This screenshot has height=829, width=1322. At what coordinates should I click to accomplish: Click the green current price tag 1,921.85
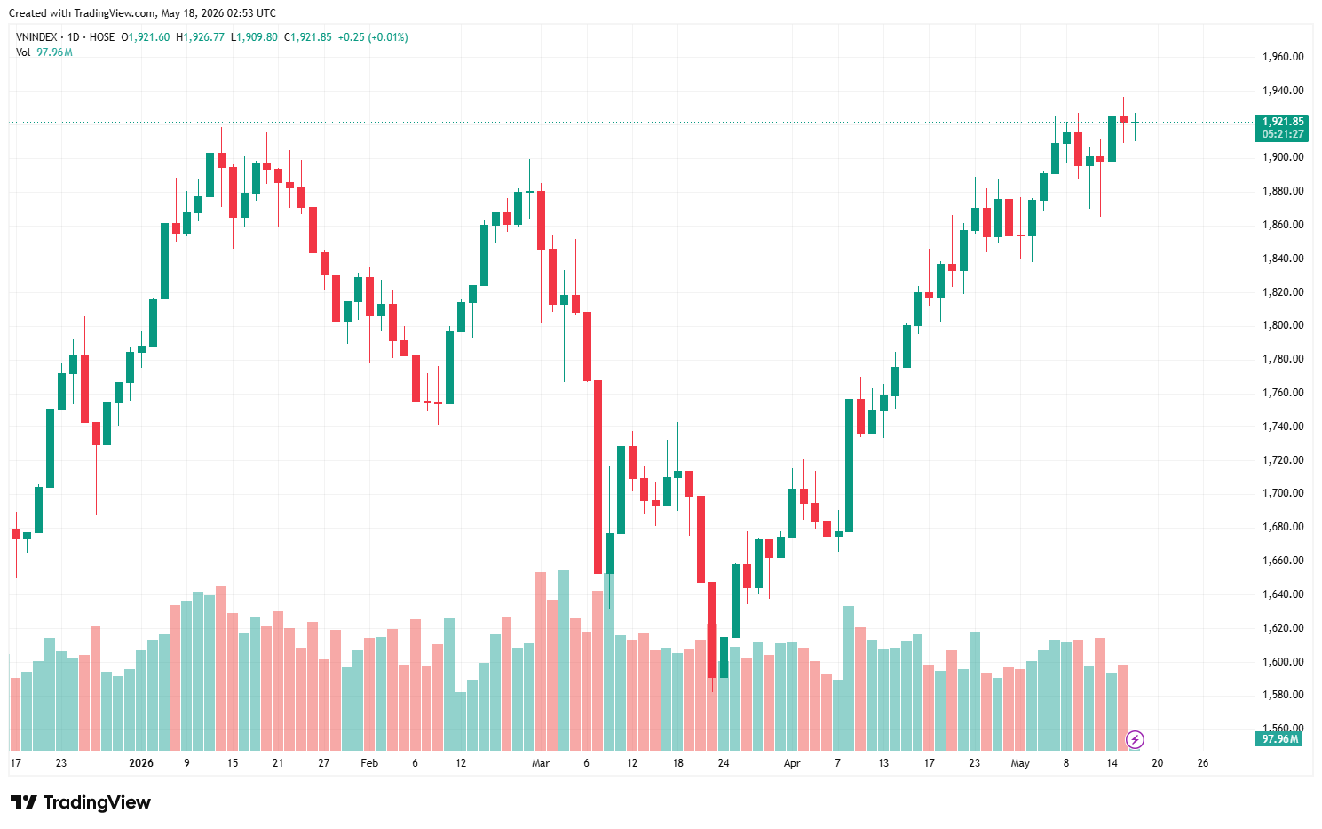coord(1282,122)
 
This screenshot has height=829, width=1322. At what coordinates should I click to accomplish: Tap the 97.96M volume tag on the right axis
coord(1278,738)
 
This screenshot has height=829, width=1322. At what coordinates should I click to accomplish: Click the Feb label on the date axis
coord(369,763)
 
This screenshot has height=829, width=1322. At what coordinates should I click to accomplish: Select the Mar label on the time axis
coord(541,763)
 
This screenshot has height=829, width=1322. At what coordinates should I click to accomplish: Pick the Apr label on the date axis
coord(792,763)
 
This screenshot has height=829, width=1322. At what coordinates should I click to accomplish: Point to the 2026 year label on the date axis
coord(141,763)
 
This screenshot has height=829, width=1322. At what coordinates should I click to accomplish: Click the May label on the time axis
coord(1020,763)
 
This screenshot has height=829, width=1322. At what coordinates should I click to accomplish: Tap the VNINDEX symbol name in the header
coord(36,37)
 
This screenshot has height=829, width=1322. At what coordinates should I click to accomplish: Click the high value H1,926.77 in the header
coord(200,37)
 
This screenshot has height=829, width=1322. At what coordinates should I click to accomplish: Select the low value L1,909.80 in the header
coord(254,37)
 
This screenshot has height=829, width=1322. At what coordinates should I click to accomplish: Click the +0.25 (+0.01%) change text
coord(372,37)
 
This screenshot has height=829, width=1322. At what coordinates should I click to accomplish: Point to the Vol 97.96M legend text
coord(44,52)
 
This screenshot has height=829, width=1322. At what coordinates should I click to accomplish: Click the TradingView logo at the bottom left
coord(80,802)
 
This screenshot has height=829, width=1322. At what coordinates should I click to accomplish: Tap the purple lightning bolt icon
coord(1135,739)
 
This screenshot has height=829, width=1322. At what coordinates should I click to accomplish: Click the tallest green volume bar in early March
coord(564,659)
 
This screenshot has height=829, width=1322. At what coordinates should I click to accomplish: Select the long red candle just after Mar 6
coord(598,477)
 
